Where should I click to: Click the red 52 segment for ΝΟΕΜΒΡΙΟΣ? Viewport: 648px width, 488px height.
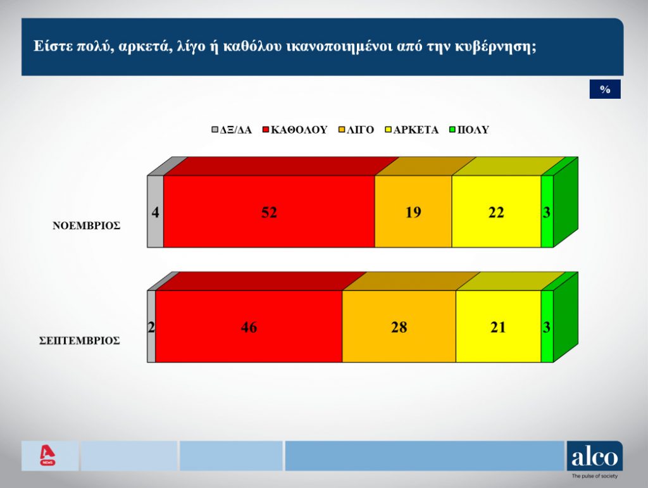[269, 211]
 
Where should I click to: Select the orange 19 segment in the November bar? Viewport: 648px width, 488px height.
[413, 211]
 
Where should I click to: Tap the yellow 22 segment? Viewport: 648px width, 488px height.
[496, 211]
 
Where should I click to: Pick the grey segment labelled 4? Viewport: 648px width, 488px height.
[156, 211]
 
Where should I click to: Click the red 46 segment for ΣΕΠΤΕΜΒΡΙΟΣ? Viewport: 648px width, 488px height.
[249, 327]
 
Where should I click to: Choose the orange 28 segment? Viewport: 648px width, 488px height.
[399, 327]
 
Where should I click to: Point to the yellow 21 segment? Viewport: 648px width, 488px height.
[499, 327]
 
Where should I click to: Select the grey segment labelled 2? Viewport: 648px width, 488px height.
[152, 327]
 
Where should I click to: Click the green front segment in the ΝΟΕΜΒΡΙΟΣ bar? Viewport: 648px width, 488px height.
[547, 211]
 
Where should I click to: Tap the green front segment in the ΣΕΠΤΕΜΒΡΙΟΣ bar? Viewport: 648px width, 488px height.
[547, 327]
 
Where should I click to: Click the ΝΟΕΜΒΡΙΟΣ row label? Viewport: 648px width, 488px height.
[86, 225]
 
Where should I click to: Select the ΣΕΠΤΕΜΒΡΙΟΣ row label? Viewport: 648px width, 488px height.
[80, 341]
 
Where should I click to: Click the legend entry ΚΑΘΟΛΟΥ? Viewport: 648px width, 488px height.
[295, 130]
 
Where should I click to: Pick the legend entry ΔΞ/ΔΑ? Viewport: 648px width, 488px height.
[232, 130]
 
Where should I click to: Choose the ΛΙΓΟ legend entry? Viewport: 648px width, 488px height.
[356, 130]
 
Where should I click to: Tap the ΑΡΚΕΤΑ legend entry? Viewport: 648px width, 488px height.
[411, 130]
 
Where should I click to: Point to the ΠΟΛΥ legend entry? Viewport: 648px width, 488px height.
[470, 130]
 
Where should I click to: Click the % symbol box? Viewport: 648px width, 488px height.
[605, 89]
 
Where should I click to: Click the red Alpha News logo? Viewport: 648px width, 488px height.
[47, 455]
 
